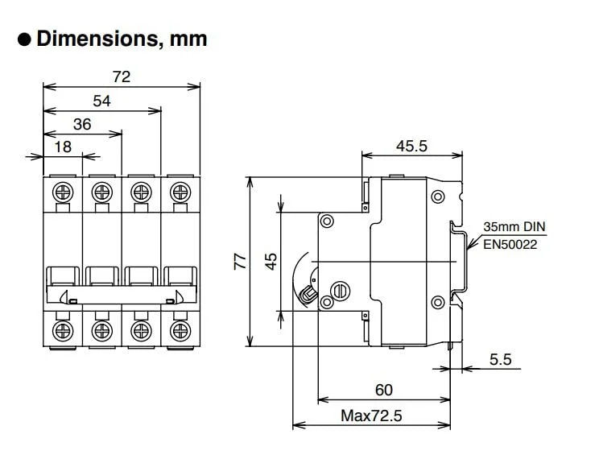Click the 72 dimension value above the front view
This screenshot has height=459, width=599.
point(122,76)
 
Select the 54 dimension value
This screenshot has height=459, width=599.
point(101,101)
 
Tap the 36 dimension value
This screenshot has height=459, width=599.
point(82,124)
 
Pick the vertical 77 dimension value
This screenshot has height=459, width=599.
point(239,261)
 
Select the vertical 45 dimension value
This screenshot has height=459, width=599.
point(271,261)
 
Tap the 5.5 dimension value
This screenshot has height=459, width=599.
point(501,359)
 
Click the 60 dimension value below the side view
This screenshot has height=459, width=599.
point(384,390)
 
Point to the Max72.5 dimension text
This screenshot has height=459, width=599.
point(371,416)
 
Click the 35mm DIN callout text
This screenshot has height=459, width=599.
point(514,227)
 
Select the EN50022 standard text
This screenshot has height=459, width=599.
point(510,242)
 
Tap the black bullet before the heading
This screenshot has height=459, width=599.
point(24,39)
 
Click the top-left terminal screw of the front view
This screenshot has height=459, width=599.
point(61,192)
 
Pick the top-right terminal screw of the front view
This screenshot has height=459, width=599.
point(180,192)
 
